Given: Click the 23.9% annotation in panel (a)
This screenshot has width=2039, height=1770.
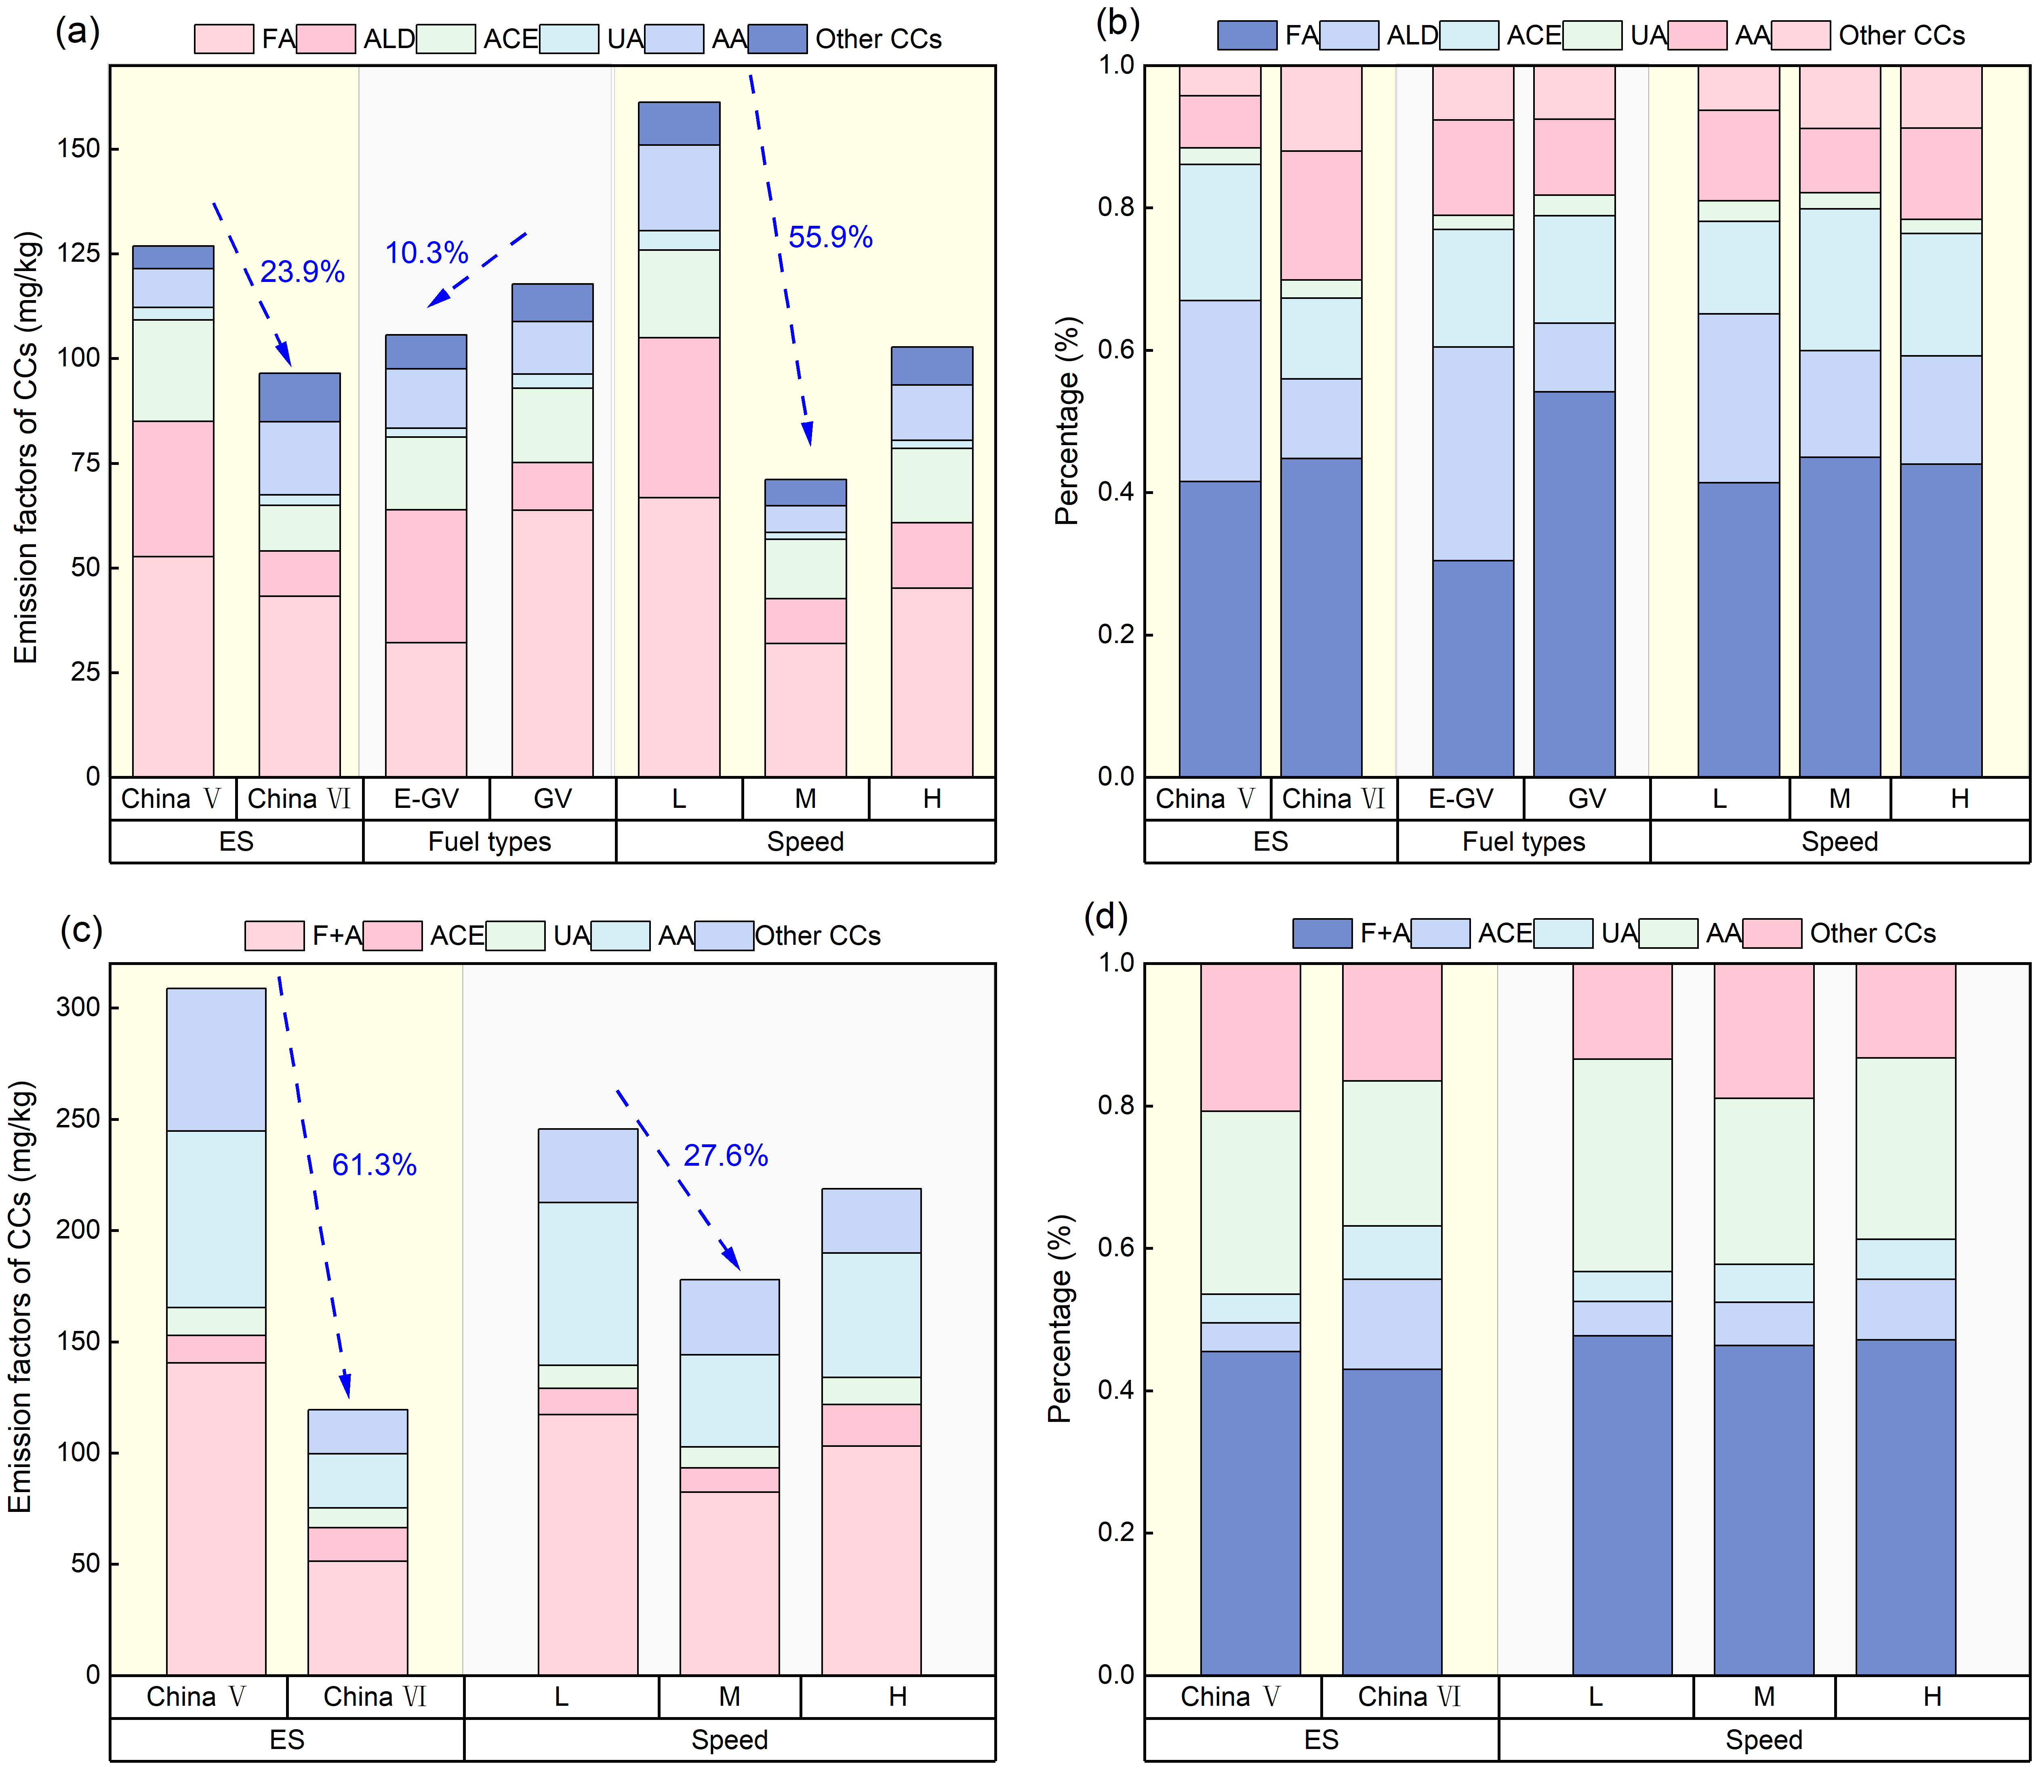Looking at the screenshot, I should pos(302,271).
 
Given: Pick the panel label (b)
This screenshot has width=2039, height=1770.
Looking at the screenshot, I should pos(1117,22).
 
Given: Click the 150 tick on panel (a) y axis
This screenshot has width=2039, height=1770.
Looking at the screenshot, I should pos(79,148).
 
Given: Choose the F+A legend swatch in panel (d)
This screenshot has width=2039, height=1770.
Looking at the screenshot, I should pos(1322,932).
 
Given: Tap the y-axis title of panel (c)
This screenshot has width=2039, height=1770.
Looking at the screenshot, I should pos(22,1297).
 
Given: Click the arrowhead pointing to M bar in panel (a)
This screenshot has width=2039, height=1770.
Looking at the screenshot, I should pos(807,435).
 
